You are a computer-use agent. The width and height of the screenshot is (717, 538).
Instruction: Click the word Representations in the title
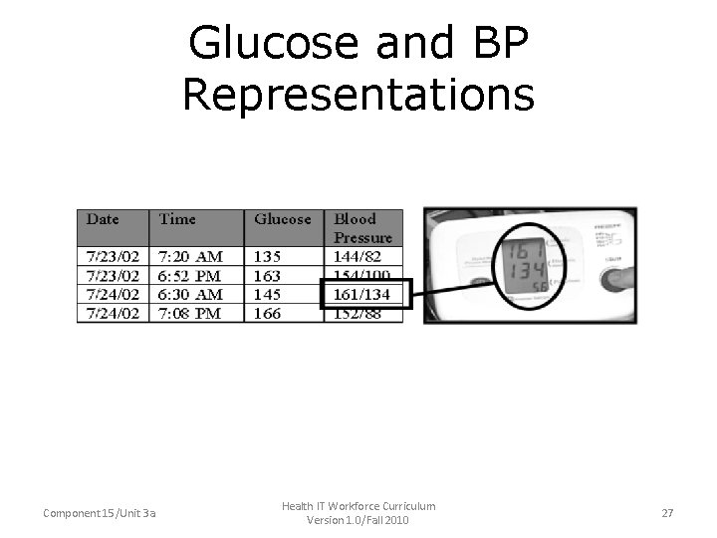pos(358,95)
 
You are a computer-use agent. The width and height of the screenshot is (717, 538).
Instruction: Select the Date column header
pos(103,219)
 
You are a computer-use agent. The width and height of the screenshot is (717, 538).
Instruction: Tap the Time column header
pos(177,219)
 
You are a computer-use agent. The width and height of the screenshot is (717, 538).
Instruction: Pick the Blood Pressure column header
pos(362,228)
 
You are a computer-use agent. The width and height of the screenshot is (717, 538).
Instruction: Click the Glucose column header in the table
pos(283,219)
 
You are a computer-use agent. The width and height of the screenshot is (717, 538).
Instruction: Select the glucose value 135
pos(268,256)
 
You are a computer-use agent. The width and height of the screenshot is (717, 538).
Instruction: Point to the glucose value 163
pos(268,275)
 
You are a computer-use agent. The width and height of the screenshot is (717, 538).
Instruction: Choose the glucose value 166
pos(268,313)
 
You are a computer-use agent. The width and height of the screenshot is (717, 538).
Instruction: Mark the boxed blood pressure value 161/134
pos(362,294)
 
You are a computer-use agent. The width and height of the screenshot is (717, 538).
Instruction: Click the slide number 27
pos(667,513)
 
